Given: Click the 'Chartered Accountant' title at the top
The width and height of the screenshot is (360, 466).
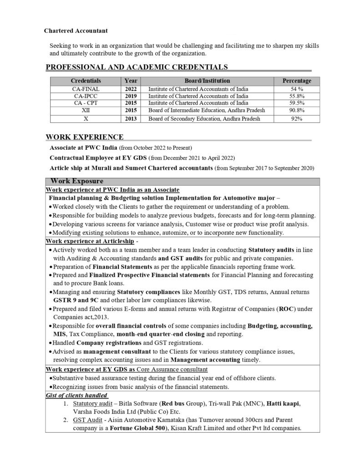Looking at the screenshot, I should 76,30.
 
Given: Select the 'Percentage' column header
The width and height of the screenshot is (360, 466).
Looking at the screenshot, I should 297,81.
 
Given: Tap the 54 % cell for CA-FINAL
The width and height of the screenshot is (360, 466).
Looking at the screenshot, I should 297,89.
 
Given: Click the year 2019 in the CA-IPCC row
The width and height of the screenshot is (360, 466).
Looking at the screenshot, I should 131,96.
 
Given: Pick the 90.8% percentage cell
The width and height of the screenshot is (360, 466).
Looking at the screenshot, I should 297,111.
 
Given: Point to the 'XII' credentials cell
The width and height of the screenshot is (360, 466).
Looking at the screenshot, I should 86,111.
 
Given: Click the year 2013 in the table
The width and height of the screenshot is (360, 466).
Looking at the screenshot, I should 131,119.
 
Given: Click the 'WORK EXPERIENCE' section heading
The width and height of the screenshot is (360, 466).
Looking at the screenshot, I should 85,137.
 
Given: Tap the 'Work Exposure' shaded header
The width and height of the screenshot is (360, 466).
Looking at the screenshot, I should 77,181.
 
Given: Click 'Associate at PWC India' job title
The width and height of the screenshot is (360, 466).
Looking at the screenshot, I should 83,148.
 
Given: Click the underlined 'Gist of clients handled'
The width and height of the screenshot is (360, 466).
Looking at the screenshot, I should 76,395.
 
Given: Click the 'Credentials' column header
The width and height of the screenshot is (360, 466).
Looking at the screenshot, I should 86,81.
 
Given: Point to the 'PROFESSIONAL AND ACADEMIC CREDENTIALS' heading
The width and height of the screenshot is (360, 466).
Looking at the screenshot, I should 137,67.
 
